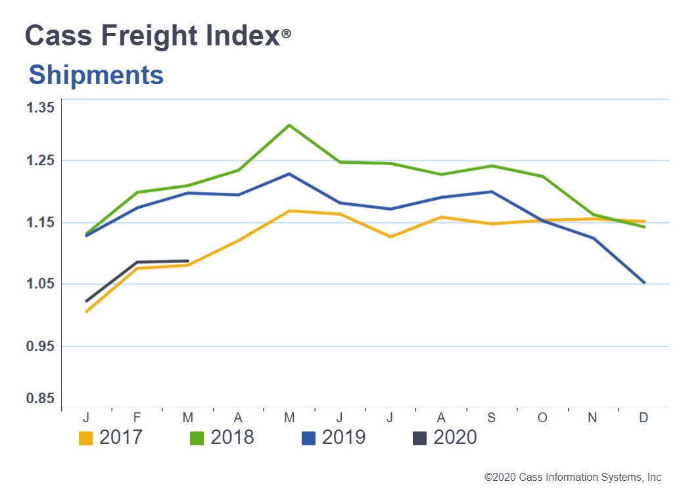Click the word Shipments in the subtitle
[96, 75]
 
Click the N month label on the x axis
[592, 418]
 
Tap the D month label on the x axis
[643, 418]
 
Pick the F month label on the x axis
[137, 418]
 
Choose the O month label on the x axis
[542, 418]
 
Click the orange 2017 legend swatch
[85, 438]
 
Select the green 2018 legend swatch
[197, 438]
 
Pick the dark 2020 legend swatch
[419, 438]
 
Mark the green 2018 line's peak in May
[289, 125]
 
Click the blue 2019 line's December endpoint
[644, 282]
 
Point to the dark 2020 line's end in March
[189, 261]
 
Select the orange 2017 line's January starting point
[86, 311]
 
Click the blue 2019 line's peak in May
[289, 174]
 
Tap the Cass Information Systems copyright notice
[573, 478]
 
